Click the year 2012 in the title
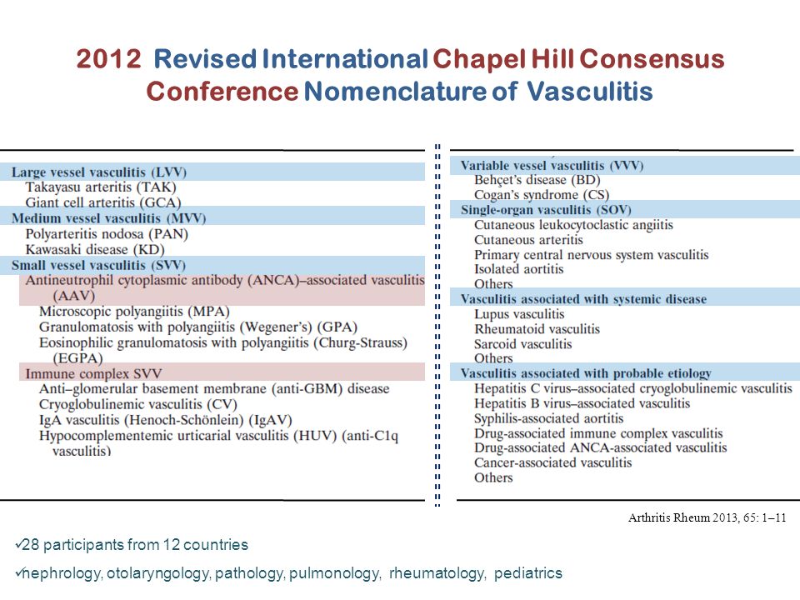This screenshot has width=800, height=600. coord(108,60)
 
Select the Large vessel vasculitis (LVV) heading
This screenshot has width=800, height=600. coord(98,172)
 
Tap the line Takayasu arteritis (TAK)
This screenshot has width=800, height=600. coord(101,187)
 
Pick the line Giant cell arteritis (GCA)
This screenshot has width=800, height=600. coord(102,202)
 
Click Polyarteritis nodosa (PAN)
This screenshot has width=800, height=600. coord(107,233)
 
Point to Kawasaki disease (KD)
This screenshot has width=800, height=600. coord(100,248)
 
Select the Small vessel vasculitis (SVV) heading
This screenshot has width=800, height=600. coord(97,264)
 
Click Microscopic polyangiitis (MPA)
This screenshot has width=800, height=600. coord(128,311)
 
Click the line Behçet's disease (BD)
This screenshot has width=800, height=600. coord(537,180)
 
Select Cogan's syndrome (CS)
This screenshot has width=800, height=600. coord(542,195)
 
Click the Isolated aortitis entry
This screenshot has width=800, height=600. coord(518,269)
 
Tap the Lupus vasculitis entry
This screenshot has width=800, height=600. coord(519,314)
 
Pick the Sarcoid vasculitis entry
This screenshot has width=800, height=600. coord(522,344)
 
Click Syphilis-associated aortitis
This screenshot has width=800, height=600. coord(548,418)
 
